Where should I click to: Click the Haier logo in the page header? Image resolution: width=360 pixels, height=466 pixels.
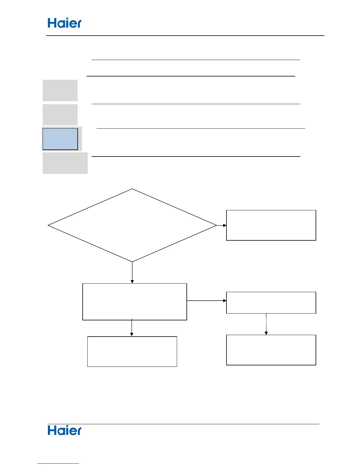click(64, 23)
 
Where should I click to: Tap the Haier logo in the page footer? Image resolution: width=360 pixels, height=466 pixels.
click(64, 430)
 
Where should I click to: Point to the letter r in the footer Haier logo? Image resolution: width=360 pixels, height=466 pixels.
click(79, 431)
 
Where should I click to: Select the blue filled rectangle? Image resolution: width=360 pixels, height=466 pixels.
click(60, 139)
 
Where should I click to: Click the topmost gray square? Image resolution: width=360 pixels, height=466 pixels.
click(60, 90)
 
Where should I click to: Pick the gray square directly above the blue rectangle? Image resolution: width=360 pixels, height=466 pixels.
click(60, 115)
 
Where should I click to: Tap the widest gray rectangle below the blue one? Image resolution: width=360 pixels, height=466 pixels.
click(65, 163)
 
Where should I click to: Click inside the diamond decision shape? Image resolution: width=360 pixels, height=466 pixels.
click(132, 225)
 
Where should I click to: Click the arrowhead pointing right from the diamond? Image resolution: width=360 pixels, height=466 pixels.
click(225, 225)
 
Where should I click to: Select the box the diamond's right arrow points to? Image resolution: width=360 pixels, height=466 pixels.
click(271, 225)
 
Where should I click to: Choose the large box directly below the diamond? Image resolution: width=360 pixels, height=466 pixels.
click(134, 302)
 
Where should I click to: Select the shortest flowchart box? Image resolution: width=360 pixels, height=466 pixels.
click(271, 303)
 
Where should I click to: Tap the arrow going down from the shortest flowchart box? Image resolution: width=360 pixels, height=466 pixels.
click(266, 324)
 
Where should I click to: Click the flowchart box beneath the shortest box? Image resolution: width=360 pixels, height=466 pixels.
click(271, 350)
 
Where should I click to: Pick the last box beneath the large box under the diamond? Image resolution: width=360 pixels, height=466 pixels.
click(132, 352)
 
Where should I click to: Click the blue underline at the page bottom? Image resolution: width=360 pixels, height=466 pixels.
click(58, 464)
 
